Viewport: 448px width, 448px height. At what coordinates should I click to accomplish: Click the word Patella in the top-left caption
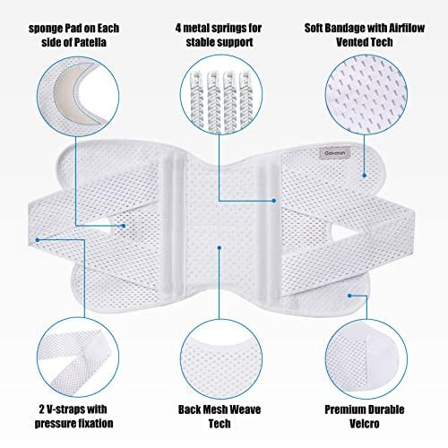(x=88, y=42)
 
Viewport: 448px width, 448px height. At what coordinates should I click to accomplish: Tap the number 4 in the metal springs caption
(x=178, y=28)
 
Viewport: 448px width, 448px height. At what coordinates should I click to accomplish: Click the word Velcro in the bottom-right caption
(x=365, y=424)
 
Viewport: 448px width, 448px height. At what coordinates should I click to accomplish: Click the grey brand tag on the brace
(x=334, y=153)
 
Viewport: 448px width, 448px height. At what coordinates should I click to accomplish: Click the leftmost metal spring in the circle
(x=196, y=101)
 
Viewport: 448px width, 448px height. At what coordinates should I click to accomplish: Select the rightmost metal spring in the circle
(x=246, y=100)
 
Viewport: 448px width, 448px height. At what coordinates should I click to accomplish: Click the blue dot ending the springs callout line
(x=274, y=201)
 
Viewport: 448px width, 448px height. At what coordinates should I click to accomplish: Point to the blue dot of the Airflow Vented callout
(x=365, y=176)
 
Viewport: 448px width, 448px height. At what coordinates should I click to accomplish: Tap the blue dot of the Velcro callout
(x=349, y=296)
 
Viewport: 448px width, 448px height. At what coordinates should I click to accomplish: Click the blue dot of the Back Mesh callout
(x=220, y=247)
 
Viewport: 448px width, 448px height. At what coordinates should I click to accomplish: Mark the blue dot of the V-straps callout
(x=38, y=240)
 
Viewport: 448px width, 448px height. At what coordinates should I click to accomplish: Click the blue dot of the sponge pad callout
(x=124, y=226)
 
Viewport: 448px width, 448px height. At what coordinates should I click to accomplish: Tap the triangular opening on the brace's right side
(x=342, y=232)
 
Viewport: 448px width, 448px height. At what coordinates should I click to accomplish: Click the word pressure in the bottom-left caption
(x=54, y=424)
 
